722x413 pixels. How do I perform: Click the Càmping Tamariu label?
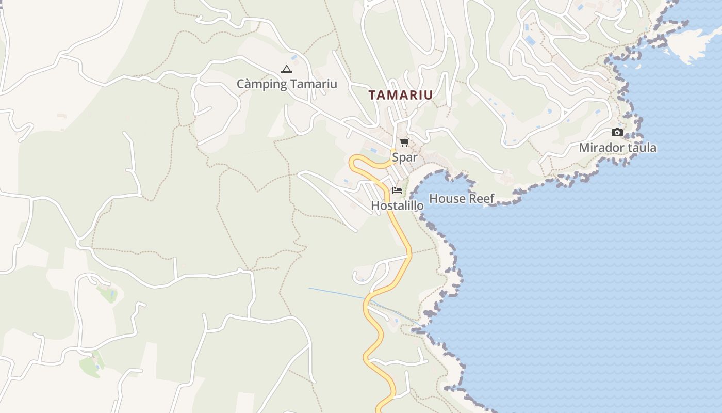coord(287,84)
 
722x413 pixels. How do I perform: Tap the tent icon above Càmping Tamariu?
coord(287,69)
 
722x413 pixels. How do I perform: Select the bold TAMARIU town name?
coord(401,95)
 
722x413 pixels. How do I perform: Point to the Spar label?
coord(404,157)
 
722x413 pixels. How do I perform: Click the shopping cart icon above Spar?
coord(404,142)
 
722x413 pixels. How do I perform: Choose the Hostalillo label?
coord(397,205)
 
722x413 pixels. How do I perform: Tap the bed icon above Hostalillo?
coord(397,190)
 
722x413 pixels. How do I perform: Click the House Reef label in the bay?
coord(462,198)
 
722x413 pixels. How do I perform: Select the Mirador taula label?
coord(617,148)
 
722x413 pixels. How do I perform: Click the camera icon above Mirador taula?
coord(617,133)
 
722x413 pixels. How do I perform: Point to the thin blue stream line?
coord(335,293)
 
